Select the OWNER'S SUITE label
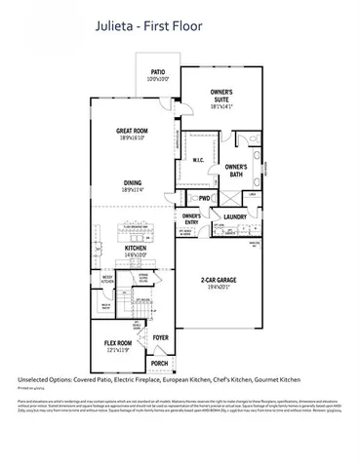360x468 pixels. coord(226,95)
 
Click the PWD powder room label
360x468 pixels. coord(204,198)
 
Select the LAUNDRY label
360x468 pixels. coord(235,217)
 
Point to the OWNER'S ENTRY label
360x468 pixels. coord(191,218)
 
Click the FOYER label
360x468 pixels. coord(162,338)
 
